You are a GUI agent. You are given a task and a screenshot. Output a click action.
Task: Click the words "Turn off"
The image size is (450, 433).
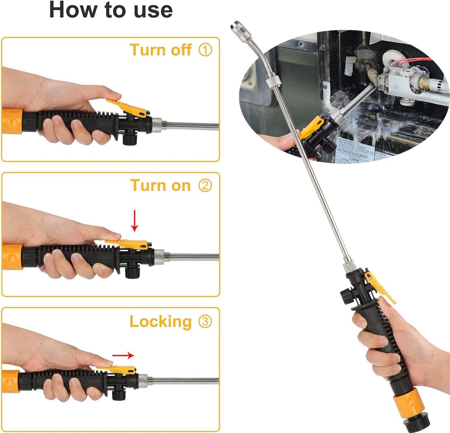(x=161, y=50)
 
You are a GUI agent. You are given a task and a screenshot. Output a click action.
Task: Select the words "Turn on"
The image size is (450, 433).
(x=160, y=186)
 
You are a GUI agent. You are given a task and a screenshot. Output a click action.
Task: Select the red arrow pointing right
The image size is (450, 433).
(x=123, y=355)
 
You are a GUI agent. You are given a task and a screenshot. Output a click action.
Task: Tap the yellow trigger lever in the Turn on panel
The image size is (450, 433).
(x=128, y=244)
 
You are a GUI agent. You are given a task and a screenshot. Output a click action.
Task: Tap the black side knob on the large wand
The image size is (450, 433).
(x=346, y=296)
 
